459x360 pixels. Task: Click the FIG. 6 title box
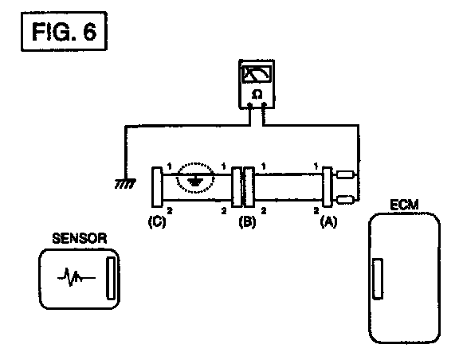coord(64,31)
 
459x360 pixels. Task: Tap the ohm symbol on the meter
coord(257,95)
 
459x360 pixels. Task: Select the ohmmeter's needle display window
coord(257,73)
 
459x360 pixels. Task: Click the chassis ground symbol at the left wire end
coord(125,184)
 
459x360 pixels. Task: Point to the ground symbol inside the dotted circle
coord(195,182)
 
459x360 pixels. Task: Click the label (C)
coord(157,221)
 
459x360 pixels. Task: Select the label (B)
coord(247,221)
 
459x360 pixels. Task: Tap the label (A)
coord(328,221)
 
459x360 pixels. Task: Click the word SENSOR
coord(80,238)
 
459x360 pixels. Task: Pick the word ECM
coord(404,205)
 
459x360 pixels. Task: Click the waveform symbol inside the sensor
coord(76,277)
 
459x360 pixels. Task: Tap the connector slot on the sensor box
coord(110,278)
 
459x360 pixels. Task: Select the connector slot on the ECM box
coord(378,279)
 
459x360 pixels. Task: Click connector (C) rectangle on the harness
coord(157,186)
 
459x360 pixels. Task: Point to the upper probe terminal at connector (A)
coord(345,174)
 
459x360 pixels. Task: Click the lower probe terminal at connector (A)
coord(345,200)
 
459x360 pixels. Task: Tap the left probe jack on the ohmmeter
coord(249,104)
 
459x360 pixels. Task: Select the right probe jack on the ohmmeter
coord(264,104)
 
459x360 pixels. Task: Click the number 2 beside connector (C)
coord(170,210)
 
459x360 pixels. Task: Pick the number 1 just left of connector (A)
coord(316,166)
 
